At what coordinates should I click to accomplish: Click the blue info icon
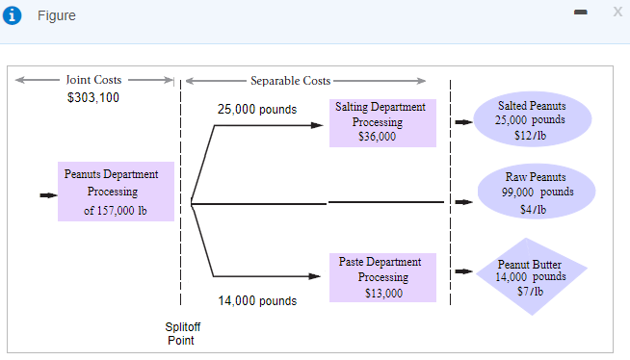(13, 16)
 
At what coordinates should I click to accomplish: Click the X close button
(617, 11)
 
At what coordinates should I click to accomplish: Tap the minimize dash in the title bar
(580, 12)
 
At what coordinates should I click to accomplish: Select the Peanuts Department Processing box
(116, 192)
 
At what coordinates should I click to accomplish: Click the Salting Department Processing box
(382, 122)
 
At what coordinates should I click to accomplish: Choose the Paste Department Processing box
(382, 277)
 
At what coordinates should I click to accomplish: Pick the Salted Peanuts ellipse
(532, 120)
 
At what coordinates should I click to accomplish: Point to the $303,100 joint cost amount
(93, 97)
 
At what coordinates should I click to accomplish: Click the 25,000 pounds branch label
(257, 110)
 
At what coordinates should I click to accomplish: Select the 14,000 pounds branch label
(257, 301)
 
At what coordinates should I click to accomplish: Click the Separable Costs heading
(290, 81)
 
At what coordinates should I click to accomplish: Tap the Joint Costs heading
(93, 80)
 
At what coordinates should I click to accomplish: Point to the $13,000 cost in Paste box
(383, 293)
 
